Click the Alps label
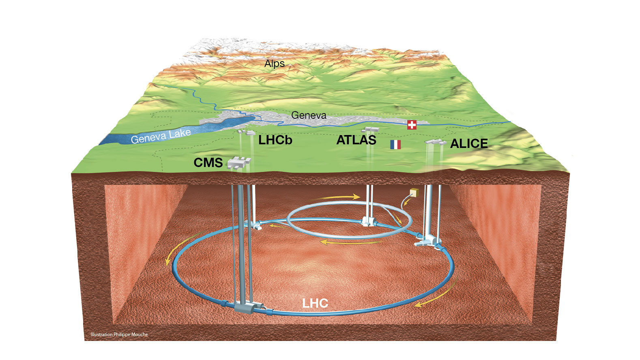point(275,63)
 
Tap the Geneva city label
point(309,115)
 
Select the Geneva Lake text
point(161,136)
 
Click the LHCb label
point(275,140)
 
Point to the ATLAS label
point(356,140)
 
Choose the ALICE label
point(469,144)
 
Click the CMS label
point(208,163)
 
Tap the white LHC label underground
point(315,303)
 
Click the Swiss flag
point(412,125)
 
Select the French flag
point(395,145)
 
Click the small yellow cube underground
point(414,193)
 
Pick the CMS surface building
point(239,163)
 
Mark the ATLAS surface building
point(370,130)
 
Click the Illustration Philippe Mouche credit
point(119,334)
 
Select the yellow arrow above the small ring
point(336,197)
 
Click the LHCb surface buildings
point(246,133)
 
